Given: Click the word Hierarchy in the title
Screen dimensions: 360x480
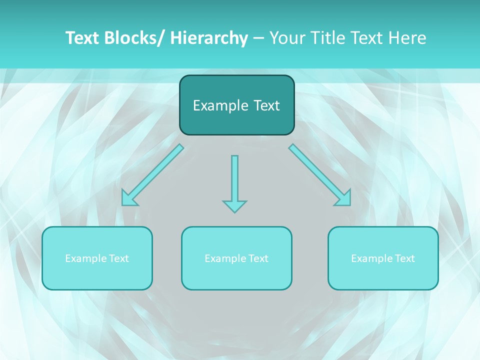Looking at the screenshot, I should pos(209,38).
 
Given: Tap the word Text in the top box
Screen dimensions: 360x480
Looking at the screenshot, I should pos(266,105).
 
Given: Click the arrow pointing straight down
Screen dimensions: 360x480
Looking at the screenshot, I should pos(234,180).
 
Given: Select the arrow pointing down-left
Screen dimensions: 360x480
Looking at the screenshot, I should pos(152,175).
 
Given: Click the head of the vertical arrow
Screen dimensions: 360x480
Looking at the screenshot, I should pos(234,206).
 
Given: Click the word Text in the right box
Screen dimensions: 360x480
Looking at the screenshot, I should pos(405,258).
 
